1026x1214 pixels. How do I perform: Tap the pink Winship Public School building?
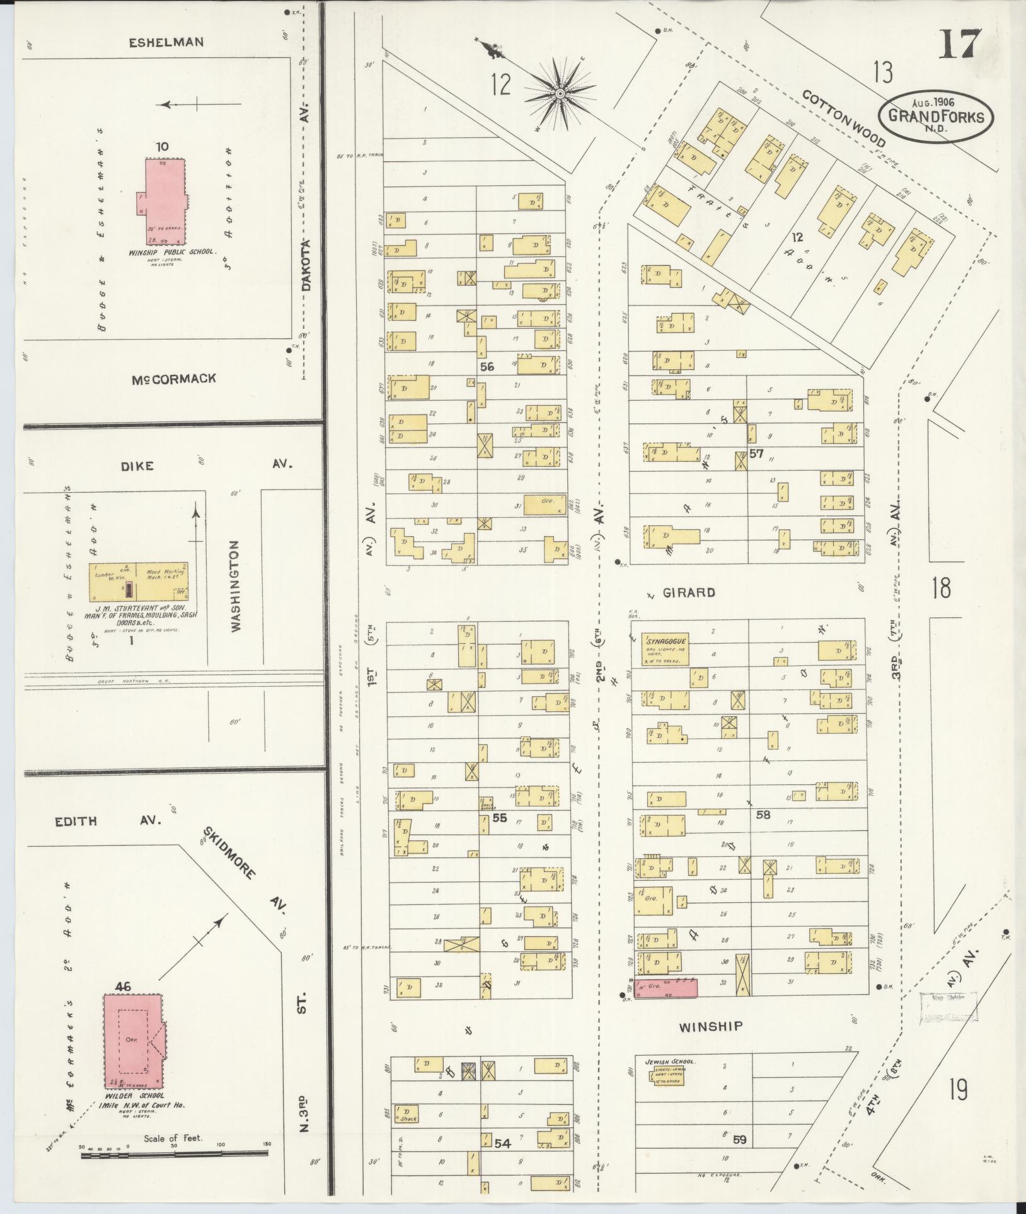click(x=162, y=202)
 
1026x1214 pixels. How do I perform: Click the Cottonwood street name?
click(x=844, y=117)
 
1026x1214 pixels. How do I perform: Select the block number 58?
click(x=763, y=815)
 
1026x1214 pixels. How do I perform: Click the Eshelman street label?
click(x=166, y=43)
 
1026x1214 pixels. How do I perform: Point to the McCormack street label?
click(x=174, y=379)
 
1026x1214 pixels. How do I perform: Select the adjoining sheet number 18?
click(x=941, y=588)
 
